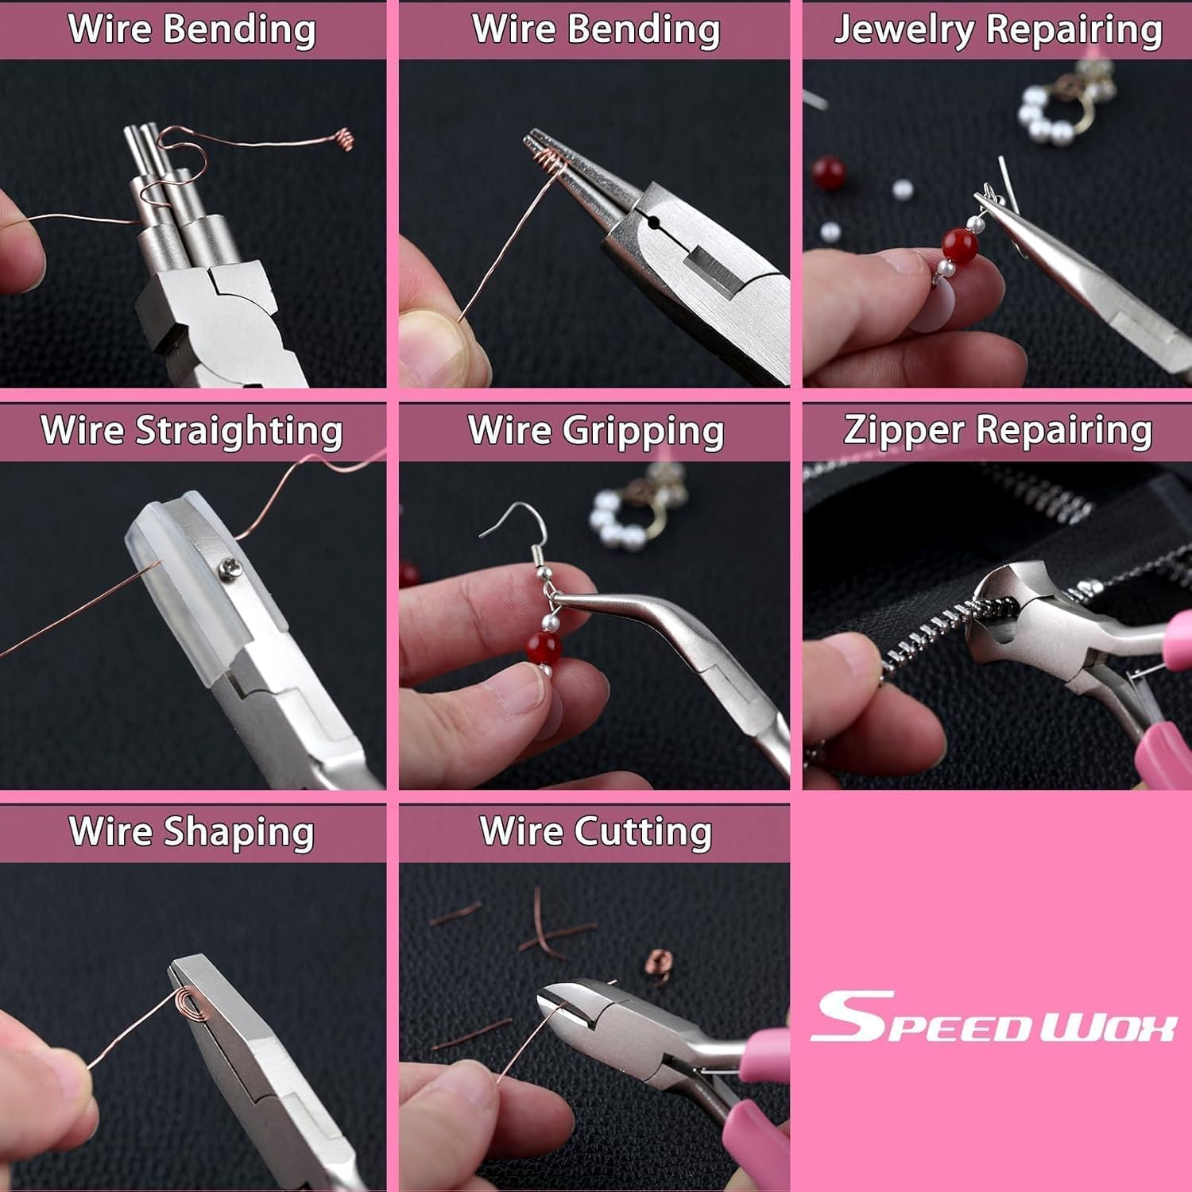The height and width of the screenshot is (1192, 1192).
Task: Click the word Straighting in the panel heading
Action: (x=238, y=432)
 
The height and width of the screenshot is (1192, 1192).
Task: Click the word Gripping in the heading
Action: (x=643, y=432)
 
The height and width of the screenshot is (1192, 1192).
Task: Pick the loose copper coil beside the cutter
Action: (x=656, y=960)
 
